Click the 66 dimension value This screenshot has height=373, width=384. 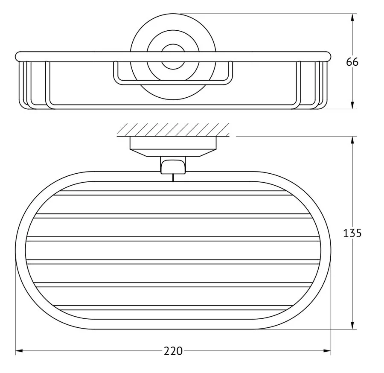coord(352,62)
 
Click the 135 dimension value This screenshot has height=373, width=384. coord(352,233)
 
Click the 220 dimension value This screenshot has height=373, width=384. coord(173,351)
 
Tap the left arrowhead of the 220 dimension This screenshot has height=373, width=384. coord(19,351)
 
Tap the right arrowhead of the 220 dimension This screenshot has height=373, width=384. coord(327,351)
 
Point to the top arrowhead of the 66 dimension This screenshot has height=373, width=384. coord(352,17)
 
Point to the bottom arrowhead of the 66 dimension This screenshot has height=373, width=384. coord(352,105)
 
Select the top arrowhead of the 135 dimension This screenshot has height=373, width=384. coord(352,140)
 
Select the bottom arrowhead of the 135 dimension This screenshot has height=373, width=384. coord(352,325)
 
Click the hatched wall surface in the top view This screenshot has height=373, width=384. coord(173,130)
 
